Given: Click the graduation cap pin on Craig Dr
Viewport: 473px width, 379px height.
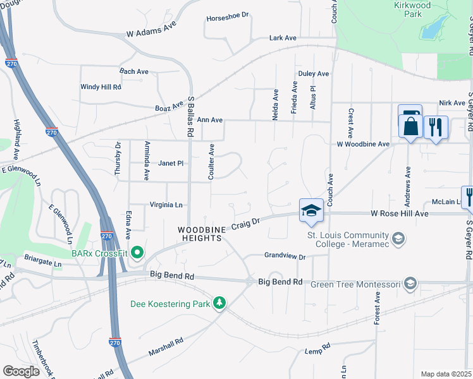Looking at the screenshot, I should tap(311, 210).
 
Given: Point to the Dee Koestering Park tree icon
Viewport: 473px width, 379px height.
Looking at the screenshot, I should tap(219, 304).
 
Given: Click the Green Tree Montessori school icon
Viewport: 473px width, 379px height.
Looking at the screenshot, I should tap(410, 284).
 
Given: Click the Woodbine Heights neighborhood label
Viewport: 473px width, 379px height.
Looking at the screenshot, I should tap(200, 234).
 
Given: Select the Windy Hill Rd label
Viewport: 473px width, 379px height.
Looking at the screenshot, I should tap(101, 87).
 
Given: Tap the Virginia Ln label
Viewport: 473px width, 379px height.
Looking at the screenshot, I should tap(166, 205).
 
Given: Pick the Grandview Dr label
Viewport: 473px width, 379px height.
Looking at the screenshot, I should tap(285, 256).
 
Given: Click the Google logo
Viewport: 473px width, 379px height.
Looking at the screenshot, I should tap(21, 371).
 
